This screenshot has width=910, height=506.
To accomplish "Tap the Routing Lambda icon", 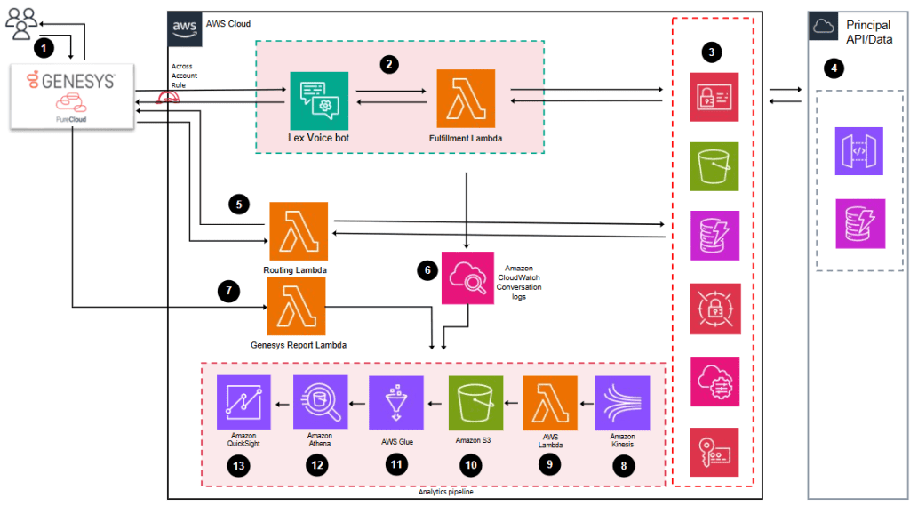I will click(299, 231).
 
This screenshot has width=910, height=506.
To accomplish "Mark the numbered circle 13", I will click(240, 465).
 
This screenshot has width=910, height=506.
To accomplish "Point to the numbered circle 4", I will click(833, 67).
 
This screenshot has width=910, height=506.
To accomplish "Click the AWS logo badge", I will click(184, 28).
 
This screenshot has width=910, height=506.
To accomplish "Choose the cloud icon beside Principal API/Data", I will click(823, 26).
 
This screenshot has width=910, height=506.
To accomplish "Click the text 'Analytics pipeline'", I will click(444, 492).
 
